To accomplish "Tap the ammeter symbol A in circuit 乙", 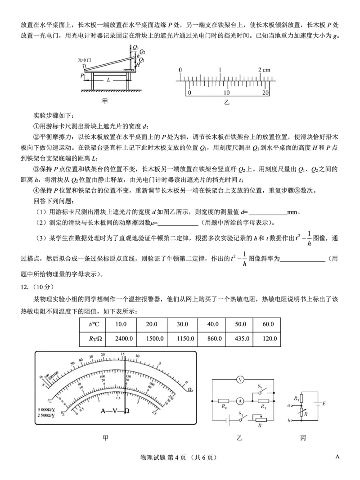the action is coord(241,400).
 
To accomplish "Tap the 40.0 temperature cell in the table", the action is coord(210,324).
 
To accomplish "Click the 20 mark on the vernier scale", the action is coord(265,92).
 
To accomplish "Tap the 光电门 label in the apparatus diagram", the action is coord(84,59).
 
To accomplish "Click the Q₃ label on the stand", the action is coord(135,47).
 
